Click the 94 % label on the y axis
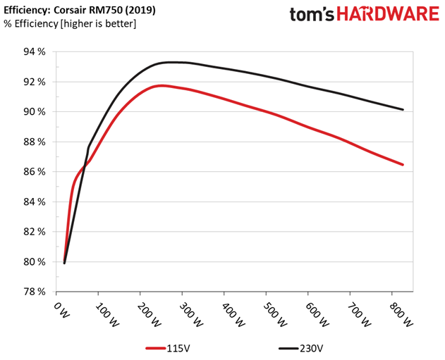coord(33,52)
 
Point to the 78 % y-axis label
coord(33,292)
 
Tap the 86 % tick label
coord(33,172)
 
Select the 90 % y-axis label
coord(33,112)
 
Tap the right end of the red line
coord(403,165)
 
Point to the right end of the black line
coord(403,109)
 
